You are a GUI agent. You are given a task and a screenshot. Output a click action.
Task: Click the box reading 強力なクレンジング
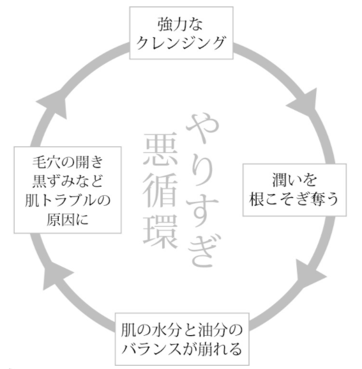[181, 33]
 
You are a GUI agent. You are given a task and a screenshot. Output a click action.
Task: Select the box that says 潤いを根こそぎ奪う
[294, 190]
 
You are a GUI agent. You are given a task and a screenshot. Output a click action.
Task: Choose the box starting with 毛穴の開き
[68, 190]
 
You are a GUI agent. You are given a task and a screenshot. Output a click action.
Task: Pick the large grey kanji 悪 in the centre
[160, 149]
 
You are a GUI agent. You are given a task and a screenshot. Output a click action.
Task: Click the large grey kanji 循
[160, 191]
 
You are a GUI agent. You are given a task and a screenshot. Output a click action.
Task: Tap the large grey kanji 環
[160, 232]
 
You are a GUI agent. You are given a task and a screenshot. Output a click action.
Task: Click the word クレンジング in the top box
[181, 43]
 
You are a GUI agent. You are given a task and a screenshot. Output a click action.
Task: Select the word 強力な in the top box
[180, 24]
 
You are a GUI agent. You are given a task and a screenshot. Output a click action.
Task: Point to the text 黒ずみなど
[68, 181]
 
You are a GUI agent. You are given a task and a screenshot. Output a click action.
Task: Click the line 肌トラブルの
[68, 200]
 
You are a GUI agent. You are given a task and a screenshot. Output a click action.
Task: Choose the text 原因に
[68, 219]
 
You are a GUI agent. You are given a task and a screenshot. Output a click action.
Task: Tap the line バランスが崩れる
[182, 349]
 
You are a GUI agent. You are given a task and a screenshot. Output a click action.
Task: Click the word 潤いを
[294, 180]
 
